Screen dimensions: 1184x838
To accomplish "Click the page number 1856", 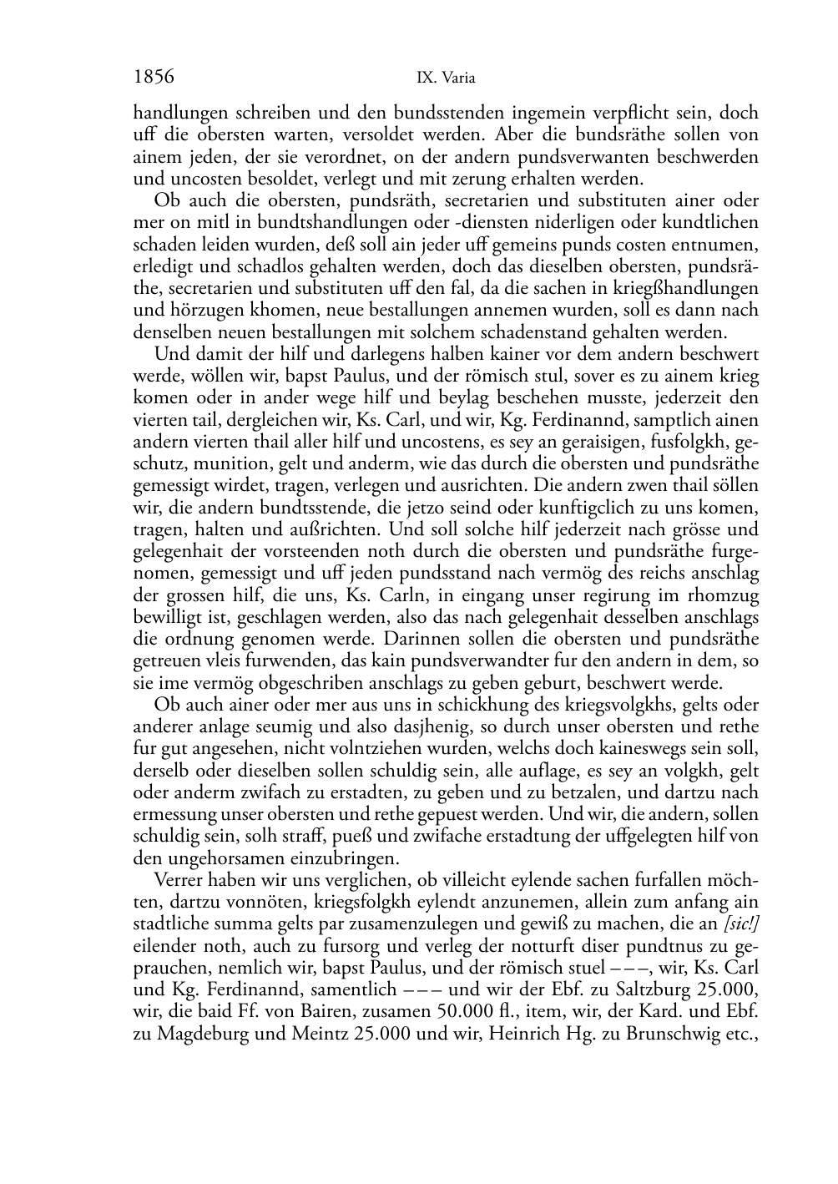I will (154, 77).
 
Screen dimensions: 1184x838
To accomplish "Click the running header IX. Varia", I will (446, 78).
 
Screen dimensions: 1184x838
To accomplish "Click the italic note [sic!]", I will (741, 925).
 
